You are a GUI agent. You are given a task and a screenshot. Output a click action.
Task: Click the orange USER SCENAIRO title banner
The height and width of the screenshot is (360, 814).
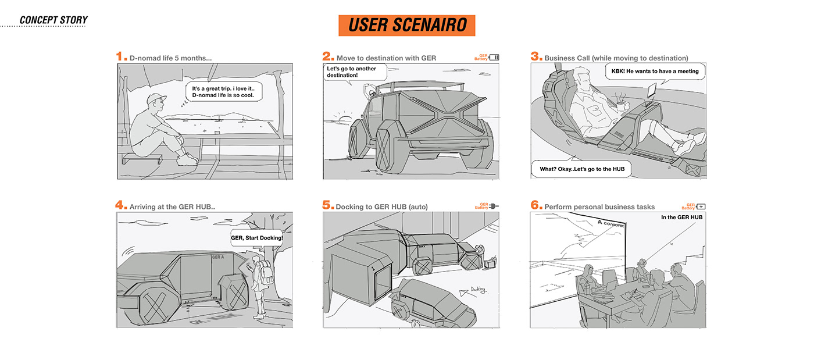[x=406, y=26]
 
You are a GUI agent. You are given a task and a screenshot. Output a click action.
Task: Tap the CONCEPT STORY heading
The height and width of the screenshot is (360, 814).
[x=53, y=20]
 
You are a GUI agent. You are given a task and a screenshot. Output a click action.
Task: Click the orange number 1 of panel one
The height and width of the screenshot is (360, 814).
[x=121, y=56]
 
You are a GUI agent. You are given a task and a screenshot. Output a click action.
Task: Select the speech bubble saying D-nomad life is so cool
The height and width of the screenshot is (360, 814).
[x=224, y=91]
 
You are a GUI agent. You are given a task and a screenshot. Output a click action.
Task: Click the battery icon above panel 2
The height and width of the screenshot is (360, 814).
[x=494, y=58]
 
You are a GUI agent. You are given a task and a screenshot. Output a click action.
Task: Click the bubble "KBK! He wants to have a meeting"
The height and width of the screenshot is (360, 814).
[x=655, y=72]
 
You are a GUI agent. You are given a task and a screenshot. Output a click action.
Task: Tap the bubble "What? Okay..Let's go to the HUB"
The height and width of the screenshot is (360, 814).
[x=581, y=169]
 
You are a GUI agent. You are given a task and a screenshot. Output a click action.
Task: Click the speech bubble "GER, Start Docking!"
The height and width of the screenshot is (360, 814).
[x=256, y=238]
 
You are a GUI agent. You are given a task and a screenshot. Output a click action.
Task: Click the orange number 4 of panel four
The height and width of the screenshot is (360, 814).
[x=121, y=205]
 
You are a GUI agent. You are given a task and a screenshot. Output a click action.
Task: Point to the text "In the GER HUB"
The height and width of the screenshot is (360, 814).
[x=681, y=218]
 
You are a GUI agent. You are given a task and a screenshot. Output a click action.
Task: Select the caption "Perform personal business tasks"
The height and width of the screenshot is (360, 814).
[x=599, y=207]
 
